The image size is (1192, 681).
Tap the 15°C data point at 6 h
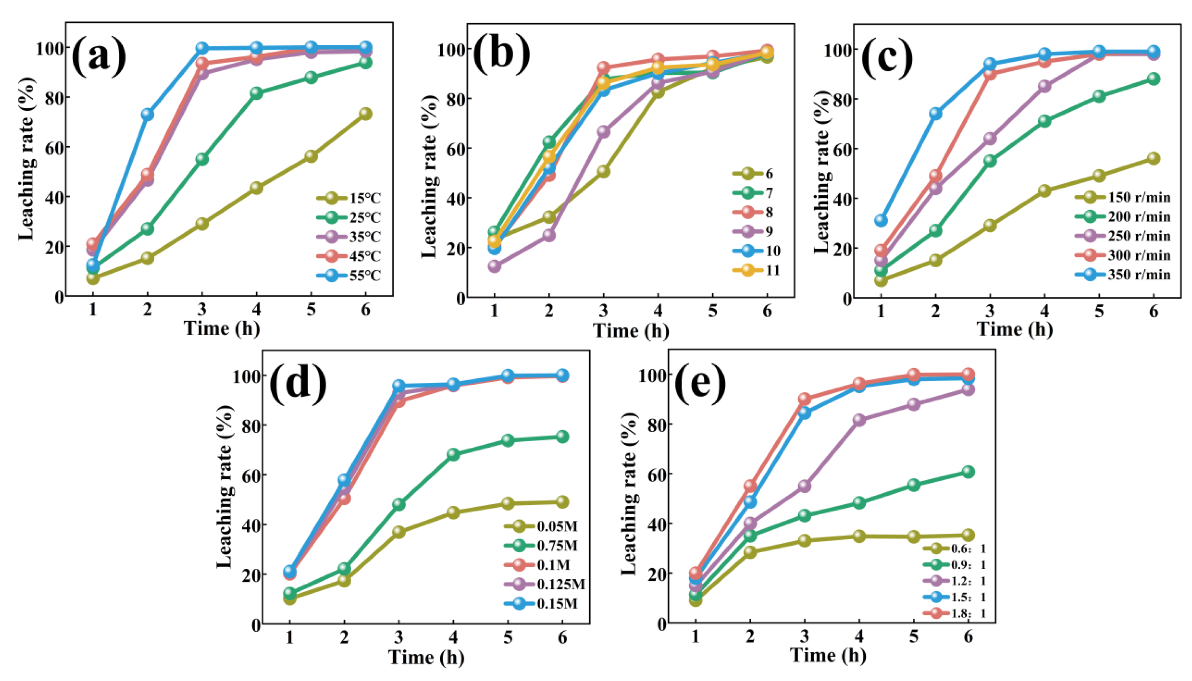pos(365,114)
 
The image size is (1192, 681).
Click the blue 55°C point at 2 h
pos(147,114)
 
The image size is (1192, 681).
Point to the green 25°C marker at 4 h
pos(256,92)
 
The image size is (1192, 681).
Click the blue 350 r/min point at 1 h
pos(881,220)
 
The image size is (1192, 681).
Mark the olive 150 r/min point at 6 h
pos(1154,159)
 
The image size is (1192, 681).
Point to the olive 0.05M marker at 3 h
pos(399,532)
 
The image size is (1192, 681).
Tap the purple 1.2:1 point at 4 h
pos(859,419)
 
